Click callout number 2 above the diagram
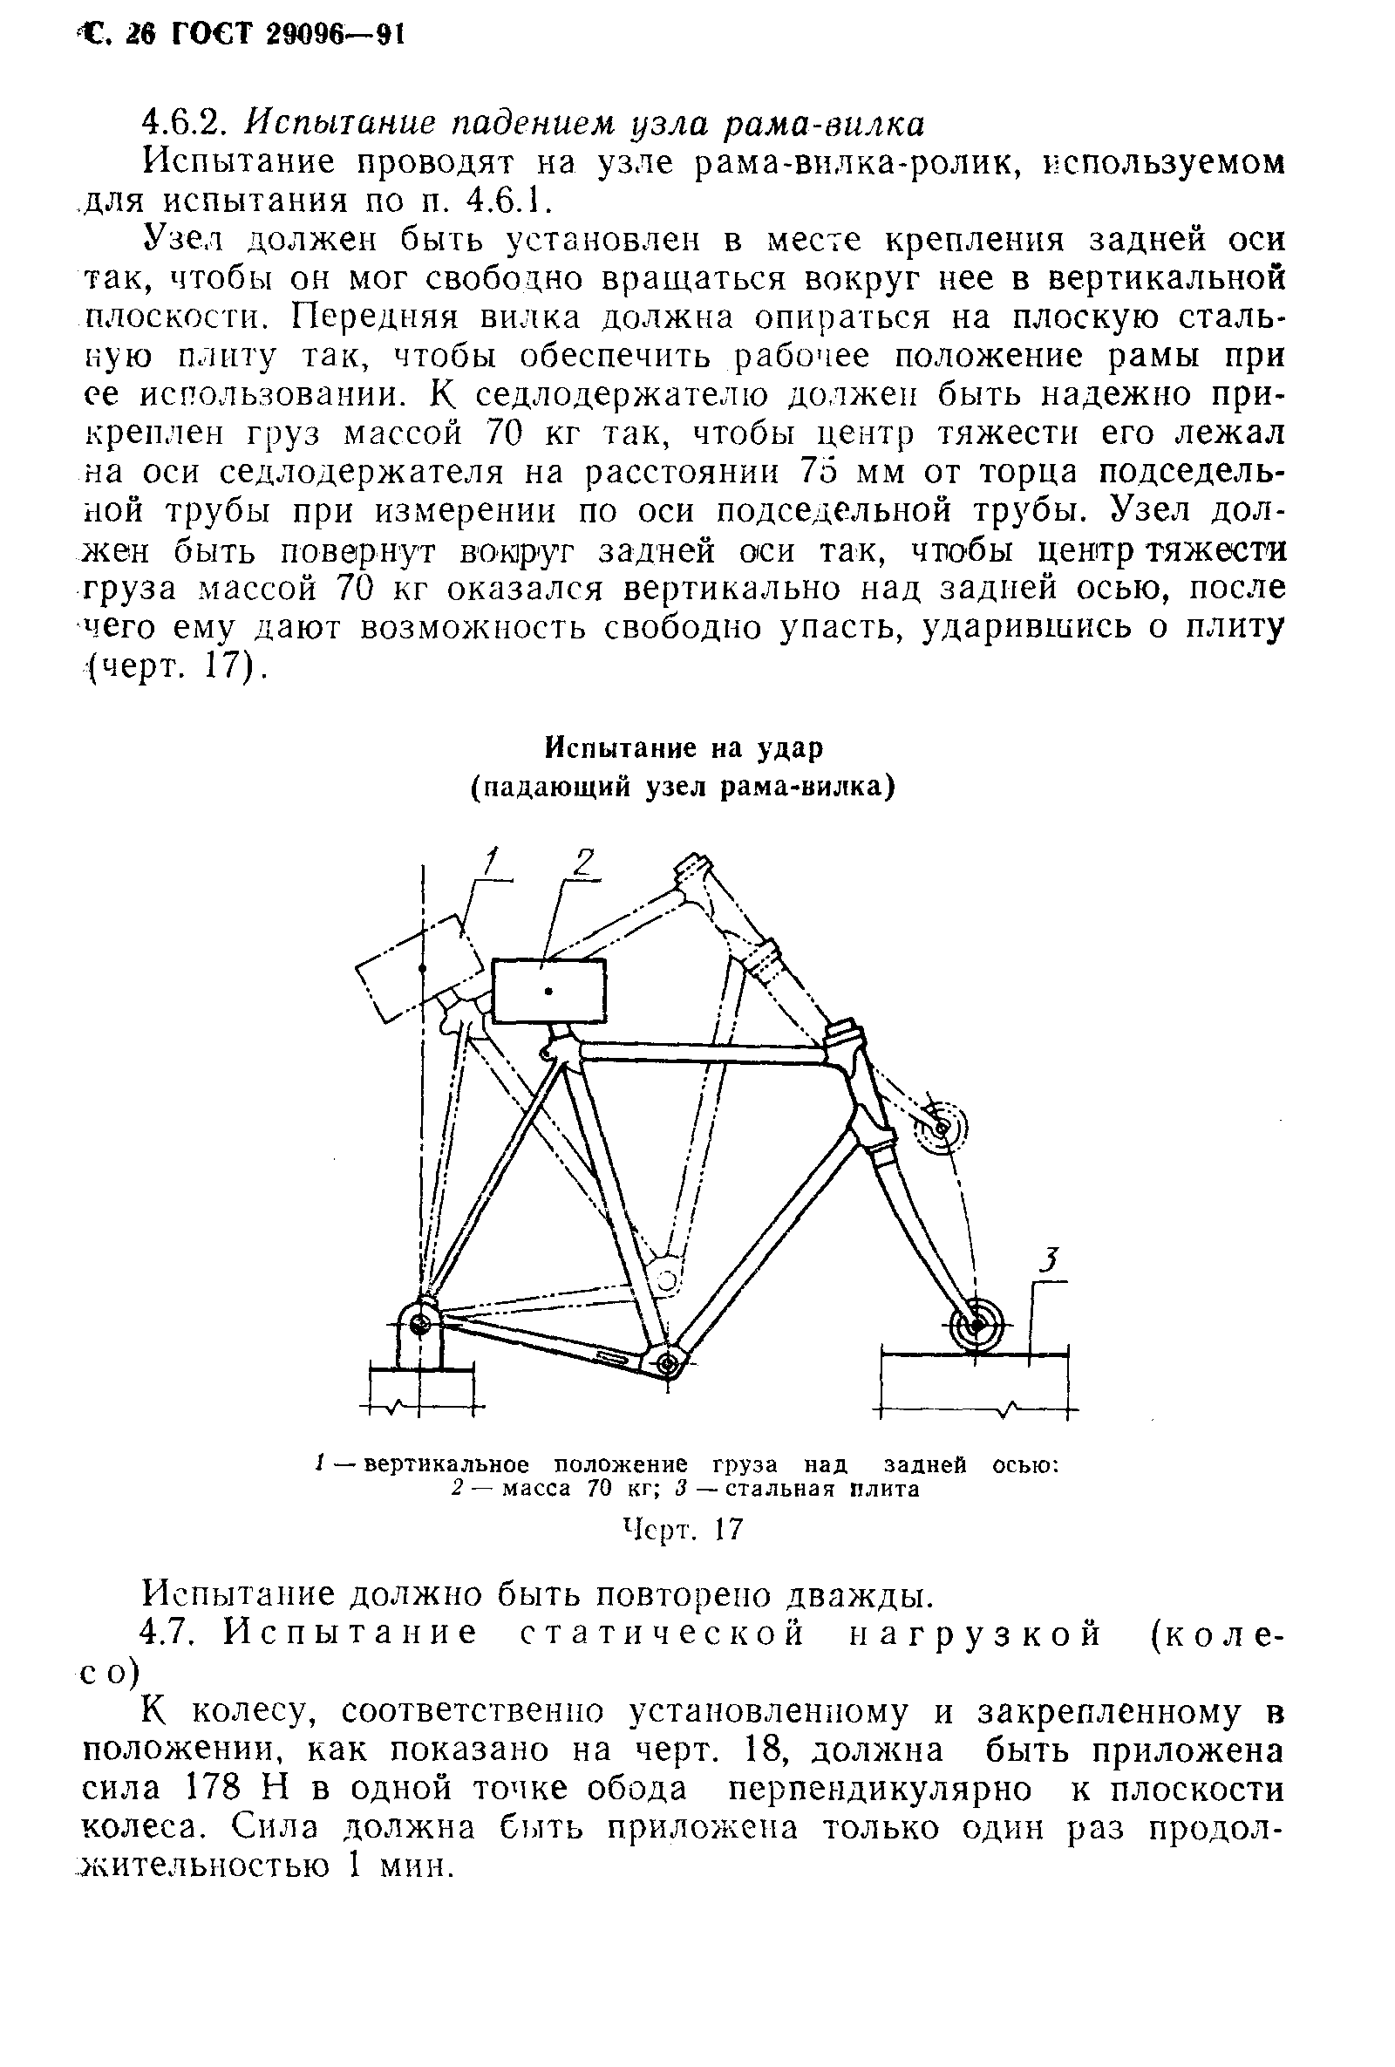584,862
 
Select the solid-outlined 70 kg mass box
548,991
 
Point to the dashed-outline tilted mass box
419,968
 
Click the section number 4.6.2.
187,123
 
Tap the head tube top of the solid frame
844,1035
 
